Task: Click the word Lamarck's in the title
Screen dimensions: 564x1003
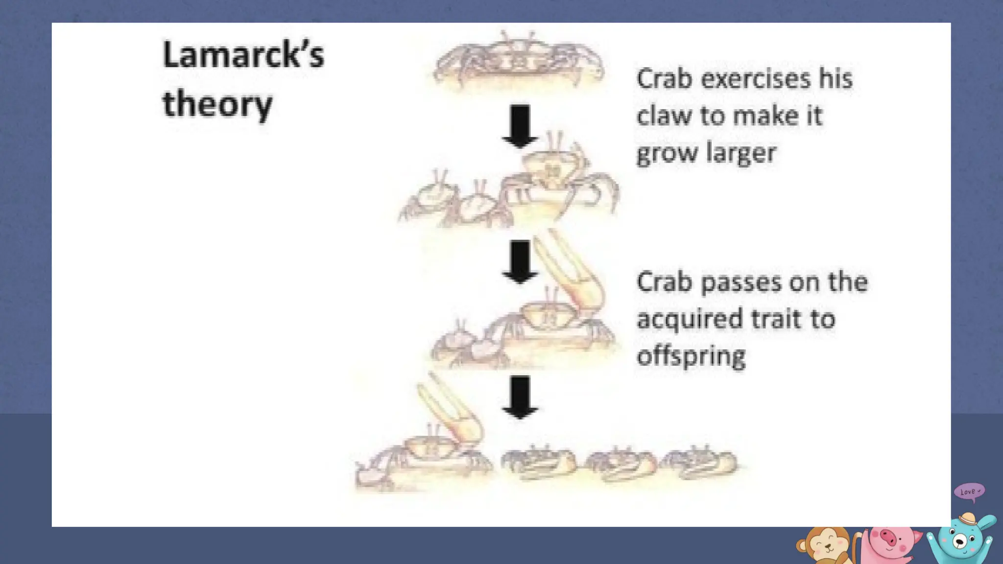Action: click(243, 55)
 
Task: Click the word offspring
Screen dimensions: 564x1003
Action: click(691, 356)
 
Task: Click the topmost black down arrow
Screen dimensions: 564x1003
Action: click(520, 126)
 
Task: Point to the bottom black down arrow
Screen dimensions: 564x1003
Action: click(520, 397)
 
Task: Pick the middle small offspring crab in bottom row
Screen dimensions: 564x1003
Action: click(621, 462)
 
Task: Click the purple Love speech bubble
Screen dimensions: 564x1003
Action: click(969, 492)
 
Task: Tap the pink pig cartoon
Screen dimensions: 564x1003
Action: click(889, 543)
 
